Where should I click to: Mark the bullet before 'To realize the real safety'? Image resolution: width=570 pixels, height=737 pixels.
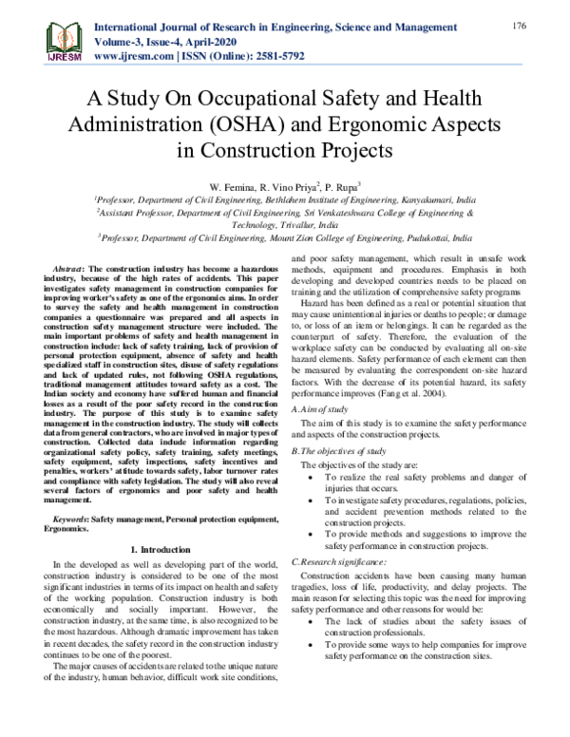[314, 479]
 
